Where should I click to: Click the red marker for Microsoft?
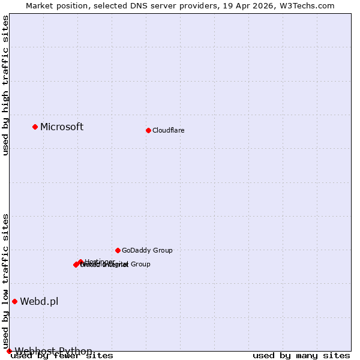click(x=35, y=127)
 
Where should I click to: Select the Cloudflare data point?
click(x=148, y=130)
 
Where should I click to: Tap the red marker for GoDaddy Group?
click(x=118, y=250)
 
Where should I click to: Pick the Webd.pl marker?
click(x=14, y=301)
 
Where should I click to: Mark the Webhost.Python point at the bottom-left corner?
click(x=9, y=351)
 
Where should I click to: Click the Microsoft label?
click(x=62, y=127)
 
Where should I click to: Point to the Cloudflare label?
click(x=169, y=130)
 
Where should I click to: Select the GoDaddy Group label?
click(x=147, y=250)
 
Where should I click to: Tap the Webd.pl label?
click(x=39, y=301)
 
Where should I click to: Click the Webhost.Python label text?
click(x=53, y=351)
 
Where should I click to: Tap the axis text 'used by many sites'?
click(x=301, y=356)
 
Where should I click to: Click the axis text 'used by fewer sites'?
click(x=62, y=356)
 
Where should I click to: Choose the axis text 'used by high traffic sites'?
click(x=5, y=86)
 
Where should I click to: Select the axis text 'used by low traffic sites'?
click(x=5, y=281)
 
